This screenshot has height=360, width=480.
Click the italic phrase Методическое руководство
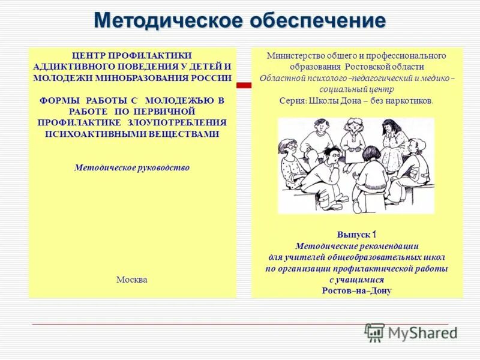click(132, 168)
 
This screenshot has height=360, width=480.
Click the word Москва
click(132, 280)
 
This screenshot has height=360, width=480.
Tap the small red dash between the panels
click(243, 86)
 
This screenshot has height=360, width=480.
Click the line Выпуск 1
click(356, 235)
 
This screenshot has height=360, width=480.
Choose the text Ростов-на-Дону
click(356, 291)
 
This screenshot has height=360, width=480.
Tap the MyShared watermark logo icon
click(374, 332)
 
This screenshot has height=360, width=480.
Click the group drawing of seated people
click(356, 165)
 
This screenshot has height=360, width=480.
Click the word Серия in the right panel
click(292, 101)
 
